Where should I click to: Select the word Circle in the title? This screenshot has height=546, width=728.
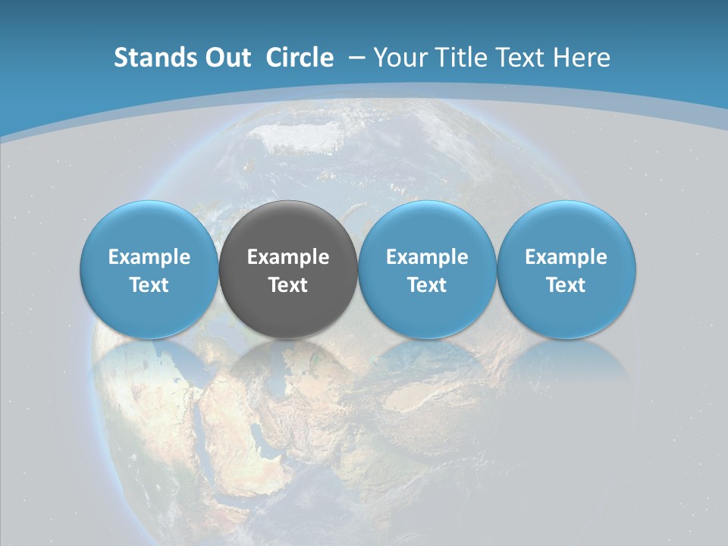point(300,58)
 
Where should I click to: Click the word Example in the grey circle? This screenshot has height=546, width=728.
point(288,257)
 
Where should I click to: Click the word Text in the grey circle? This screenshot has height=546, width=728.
point(288,285)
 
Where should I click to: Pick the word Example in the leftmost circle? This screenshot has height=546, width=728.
point(149,257)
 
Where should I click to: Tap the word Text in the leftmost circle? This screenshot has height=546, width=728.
point(149,285)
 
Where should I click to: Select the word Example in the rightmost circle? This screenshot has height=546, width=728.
point(566,257)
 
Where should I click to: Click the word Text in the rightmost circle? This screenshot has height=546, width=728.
point(566,285)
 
